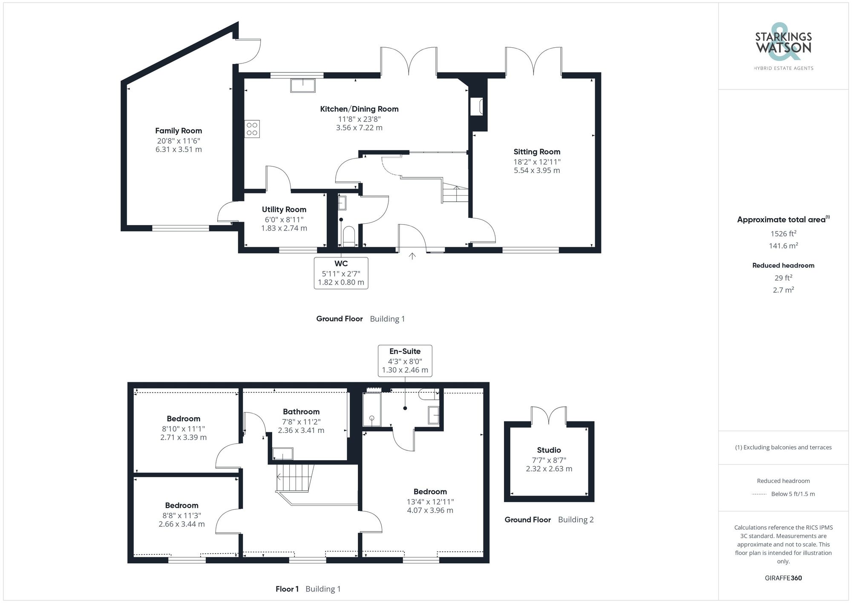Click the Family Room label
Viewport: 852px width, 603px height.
pyautogui.click(x=178, y=131)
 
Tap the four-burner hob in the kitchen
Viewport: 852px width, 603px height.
pyautogui.click(x=252, y=129)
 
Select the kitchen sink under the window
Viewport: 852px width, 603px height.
pyautogui.click(x=303, y=85)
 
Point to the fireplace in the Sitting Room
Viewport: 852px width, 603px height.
pyautogui.click(x=476, y=107)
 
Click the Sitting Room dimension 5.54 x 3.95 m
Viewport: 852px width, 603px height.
pyautogui.click(x=537, y=170)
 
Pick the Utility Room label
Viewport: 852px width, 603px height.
pyautogui.click(x=284, y=210)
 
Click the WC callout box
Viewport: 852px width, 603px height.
pyautogui.click(x=341, y=273)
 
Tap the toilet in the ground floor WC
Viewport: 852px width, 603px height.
pyautogui.click(x=348, y=237)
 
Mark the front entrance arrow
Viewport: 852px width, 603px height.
pyautogui.click(x=412, y=256)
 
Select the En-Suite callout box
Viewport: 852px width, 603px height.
pyautogui.click(x=405, y=361)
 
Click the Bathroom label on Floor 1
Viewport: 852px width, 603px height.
pyautogui.click(x=301, y=412)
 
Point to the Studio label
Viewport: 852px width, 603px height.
pyautogui.click(x=549, y=450)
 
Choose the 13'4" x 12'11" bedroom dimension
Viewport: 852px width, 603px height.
pyautogui.click(x=430, y=502)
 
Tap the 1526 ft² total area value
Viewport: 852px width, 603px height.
pyautogui.click(x=783, y=234)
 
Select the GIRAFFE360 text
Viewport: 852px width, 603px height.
pyautogui.click(x=783, y=578)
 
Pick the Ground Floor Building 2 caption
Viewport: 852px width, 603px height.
pyautogui.click(x=549, y=519)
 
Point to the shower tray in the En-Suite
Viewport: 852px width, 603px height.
pyautogui.click(x=371, y=409)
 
